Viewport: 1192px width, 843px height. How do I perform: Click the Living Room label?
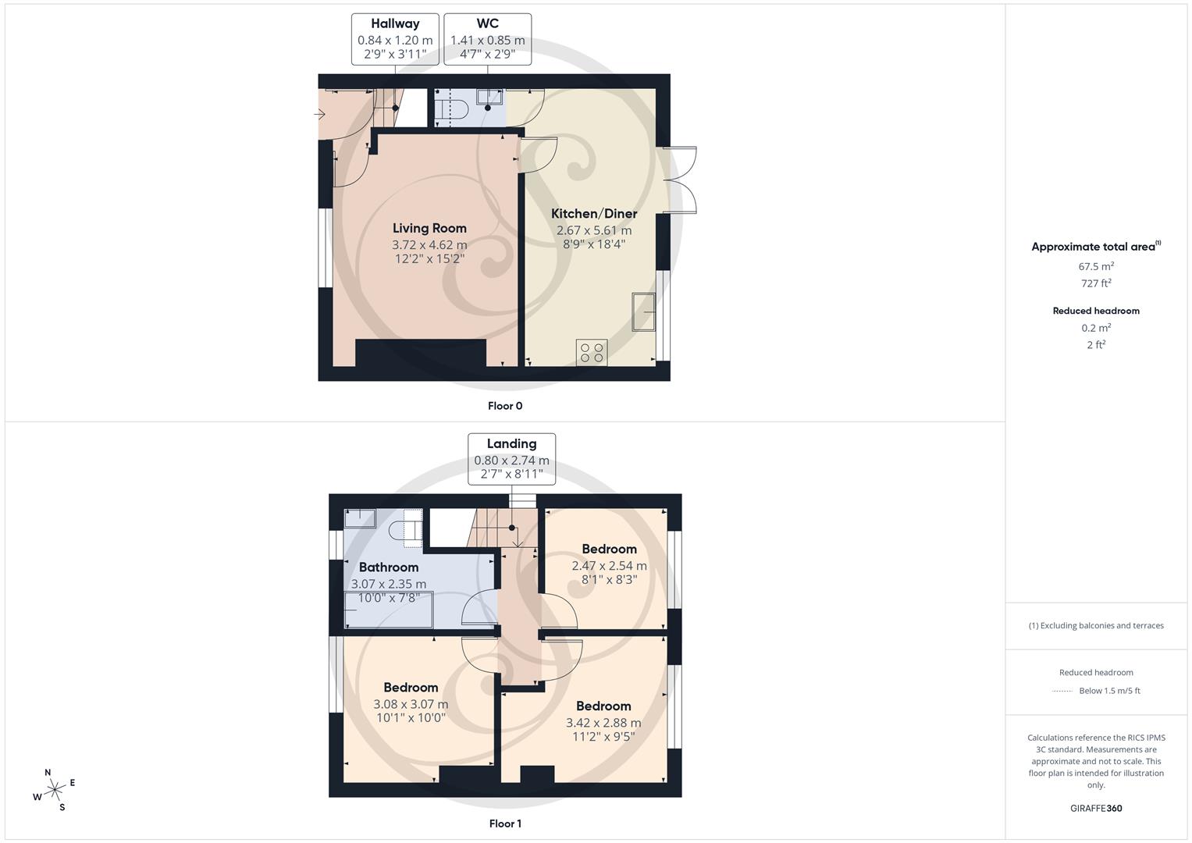click(x=429, y=228)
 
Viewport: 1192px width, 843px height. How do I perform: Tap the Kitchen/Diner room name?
click(x=594, y=213)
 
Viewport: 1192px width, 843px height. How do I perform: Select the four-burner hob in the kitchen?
click(x=592, y=352)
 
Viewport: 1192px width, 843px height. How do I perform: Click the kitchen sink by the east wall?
click(x=643, y=311)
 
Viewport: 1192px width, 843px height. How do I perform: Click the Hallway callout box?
click(x=395, y=39)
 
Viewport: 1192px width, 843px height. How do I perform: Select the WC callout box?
click(x=487, y=39)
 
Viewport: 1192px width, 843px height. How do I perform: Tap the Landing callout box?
click(x=511, y=459)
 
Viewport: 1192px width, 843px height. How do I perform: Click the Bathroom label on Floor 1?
click(x=388, y=567)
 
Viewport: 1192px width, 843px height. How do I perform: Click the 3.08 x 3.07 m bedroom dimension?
click(x=411, y=704)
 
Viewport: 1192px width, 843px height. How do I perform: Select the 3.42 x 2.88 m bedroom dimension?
click(x=603, y=723)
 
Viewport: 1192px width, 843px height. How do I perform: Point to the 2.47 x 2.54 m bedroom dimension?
click(x=609, y=566)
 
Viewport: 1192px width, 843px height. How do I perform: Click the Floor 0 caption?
click(x=505, y=406)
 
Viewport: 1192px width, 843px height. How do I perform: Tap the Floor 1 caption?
click(x=505, y=823)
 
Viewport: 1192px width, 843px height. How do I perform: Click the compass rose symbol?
click(x=54, y=790)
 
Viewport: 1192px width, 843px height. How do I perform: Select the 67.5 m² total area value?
click(x=1096, y=266)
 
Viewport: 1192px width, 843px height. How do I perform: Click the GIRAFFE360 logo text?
click(x=1096, y=808)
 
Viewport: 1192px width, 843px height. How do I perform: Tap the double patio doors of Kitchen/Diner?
click(x=680, y=180)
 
